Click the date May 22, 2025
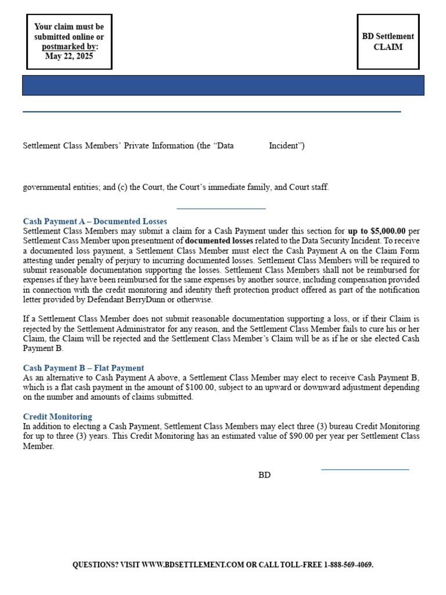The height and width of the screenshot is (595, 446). [69, 56]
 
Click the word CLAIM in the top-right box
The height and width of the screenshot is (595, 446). [388, 47]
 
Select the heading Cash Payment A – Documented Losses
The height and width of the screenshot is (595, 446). [95, 221]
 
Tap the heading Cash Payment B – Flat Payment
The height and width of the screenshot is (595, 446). [83, 368]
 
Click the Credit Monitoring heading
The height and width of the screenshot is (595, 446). [57, 417]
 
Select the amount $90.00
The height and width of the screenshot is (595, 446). [303, 436]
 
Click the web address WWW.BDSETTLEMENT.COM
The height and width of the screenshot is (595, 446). [193, 565]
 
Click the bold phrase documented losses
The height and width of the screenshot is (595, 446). [219, 240]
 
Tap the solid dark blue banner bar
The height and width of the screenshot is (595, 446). [223, 85]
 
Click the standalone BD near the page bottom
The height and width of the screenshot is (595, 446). [264, 475]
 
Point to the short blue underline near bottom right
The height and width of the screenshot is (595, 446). [365, 469]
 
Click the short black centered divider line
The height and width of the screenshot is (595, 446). [221, 208]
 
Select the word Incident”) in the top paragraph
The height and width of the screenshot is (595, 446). [286, 146]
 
